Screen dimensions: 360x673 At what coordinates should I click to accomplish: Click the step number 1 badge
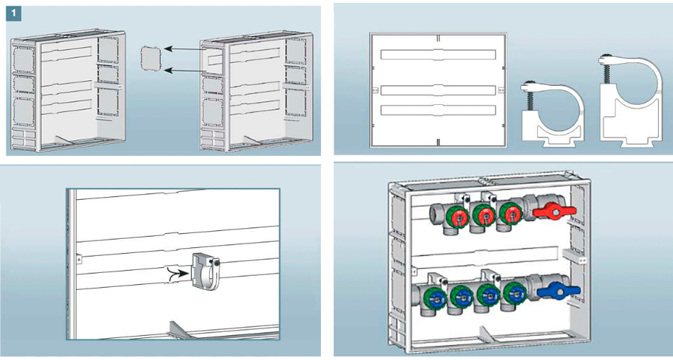[x=15, y=13]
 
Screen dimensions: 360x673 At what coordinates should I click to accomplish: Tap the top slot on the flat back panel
[x=437, y=55]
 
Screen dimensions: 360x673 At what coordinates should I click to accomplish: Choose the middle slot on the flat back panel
[x=437, y=90]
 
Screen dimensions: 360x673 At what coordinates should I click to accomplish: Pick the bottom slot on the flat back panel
[x=437, y=111]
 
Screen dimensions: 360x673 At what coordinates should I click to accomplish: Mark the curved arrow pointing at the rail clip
[x=174, y=274]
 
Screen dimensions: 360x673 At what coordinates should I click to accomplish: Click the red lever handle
[x=556, y=211]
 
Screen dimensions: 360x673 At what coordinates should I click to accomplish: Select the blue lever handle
[x=556, y=291]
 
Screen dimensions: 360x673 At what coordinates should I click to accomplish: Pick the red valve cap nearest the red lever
[x=509, y=213]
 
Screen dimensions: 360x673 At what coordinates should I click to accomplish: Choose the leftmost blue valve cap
[x=435, y=298]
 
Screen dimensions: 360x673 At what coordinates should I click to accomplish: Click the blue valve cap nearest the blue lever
[x=513, y=293]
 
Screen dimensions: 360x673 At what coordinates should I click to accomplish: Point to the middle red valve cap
[x=485, y=215]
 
